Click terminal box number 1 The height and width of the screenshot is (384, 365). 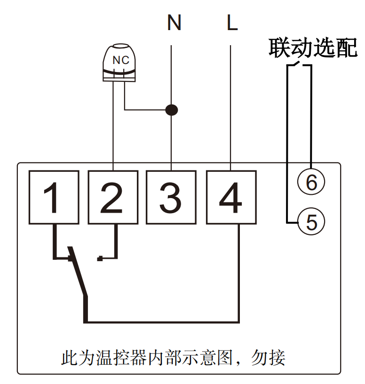[53, 197]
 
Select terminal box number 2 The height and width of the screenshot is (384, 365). [113, 197]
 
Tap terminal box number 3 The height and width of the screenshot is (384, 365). [171, 197]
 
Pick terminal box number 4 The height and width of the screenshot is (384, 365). [231, 197]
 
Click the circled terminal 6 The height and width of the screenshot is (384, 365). [311, 181]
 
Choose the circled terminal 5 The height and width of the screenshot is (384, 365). [311, 221]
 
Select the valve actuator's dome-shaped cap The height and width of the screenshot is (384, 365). [120, 52]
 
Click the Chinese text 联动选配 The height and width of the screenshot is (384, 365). [313, 48]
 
